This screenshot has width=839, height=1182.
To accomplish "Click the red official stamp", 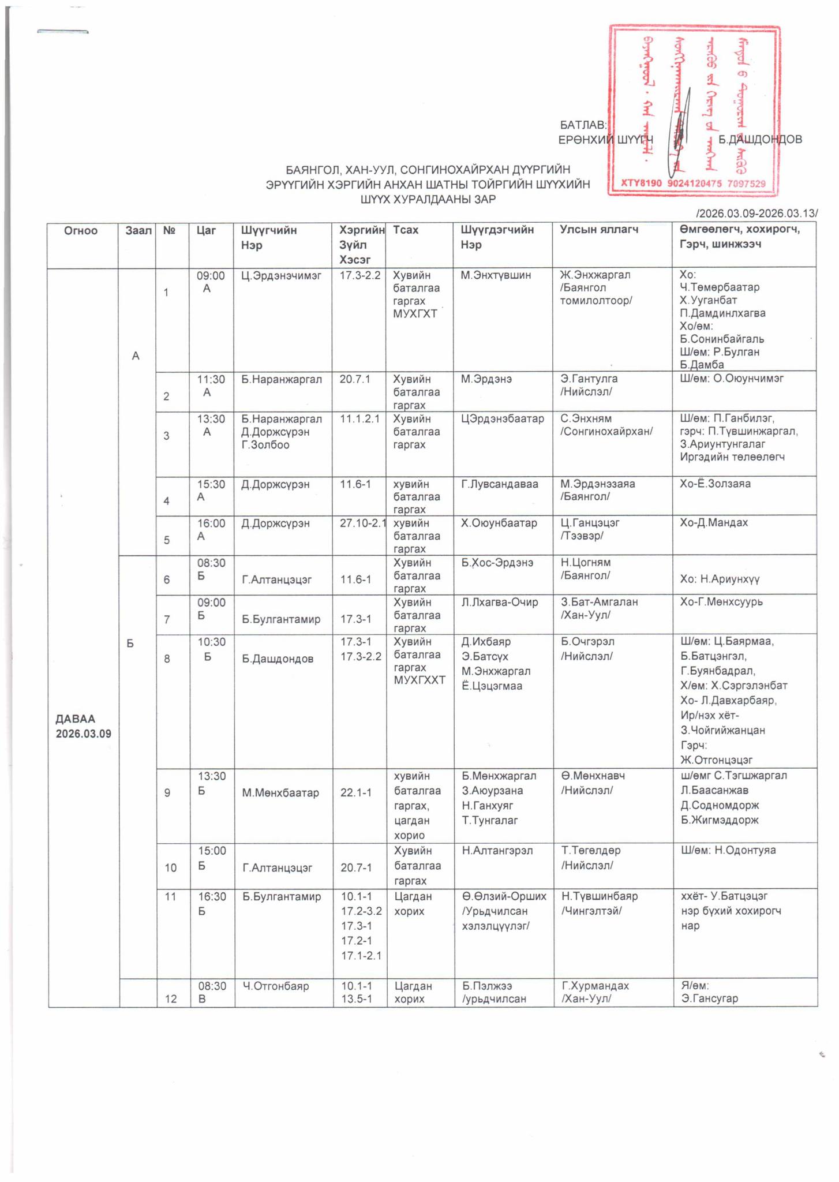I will pyautogui.click(x=694, y=110).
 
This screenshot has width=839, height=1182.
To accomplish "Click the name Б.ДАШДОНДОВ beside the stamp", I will pyautogui.click(x=760, y=139).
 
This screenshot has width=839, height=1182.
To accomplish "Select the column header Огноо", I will pyautogui.click(x=81, y=231).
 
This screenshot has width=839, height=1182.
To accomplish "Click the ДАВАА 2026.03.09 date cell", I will pyautogui.click(x=83, y=726).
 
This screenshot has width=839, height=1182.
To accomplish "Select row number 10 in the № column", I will pyautogui.click(x=171, y=867).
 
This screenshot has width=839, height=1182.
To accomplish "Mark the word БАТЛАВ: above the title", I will pyautogui.click(x=583, y=125).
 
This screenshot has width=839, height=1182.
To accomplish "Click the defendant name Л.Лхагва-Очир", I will pyautogui.click(x=500, y=602).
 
